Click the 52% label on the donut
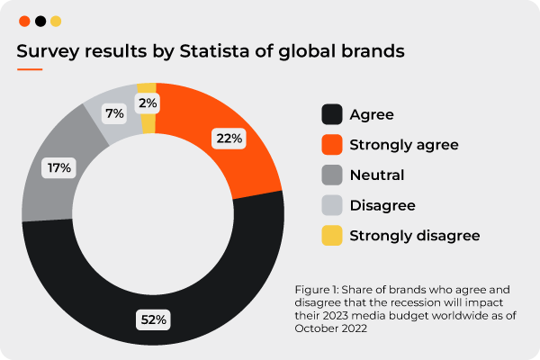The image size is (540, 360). click(x=153, y=319)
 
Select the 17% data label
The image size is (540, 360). click(x=60, y=166)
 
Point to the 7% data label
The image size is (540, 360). click(x=113, y=113)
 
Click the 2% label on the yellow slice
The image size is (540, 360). click(x=148, y=103)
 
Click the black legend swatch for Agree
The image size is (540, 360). click(x=332, y=114)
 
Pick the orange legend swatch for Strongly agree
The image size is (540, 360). click(x=332, y=145)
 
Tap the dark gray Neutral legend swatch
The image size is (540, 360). click(x=332, y=175)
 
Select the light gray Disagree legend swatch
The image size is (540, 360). click(x=332, y=205)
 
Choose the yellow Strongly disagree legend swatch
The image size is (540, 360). click(x=332, y=236)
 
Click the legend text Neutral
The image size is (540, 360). click(x=378, y=175)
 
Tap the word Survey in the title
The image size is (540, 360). click(x=47, y=50)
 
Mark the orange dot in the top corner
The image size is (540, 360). click(x=24, y=21)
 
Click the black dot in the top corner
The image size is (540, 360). click(x=40, y=21)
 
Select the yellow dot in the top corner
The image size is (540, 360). click(x=56, y=21)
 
